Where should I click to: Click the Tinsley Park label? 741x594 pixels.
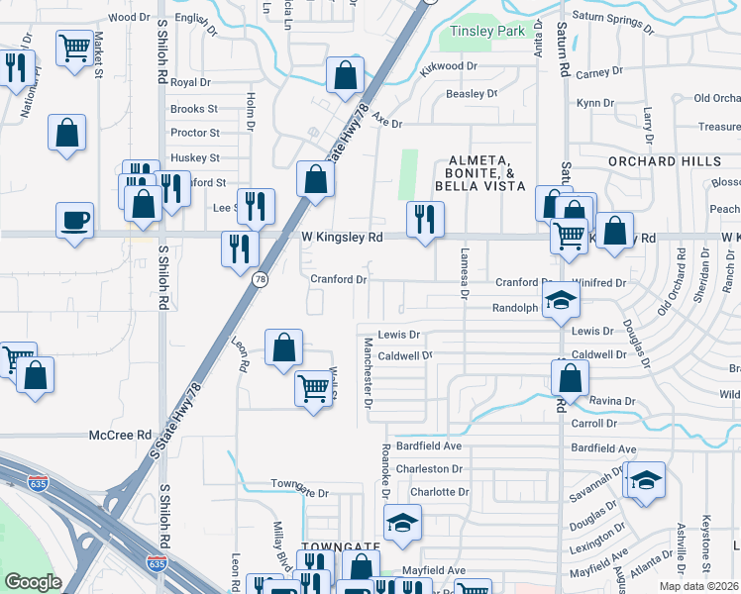(487, 32)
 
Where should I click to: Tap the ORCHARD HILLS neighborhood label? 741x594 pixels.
(665, 161)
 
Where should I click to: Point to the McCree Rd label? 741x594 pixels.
(120, 436)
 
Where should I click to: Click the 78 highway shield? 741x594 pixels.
(260, 280)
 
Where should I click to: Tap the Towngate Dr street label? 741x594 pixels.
(299, 492)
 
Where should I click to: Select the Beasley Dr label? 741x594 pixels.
(471, 94)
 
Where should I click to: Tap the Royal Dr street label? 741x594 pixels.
(190, 82)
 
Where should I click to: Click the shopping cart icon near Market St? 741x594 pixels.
(75, 48)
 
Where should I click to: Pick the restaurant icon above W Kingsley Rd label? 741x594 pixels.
(425, 217)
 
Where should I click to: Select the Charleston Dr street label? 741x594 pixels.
(429, 469)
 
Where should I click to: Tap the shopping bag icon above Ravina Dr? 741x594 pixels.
(570, 376)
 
